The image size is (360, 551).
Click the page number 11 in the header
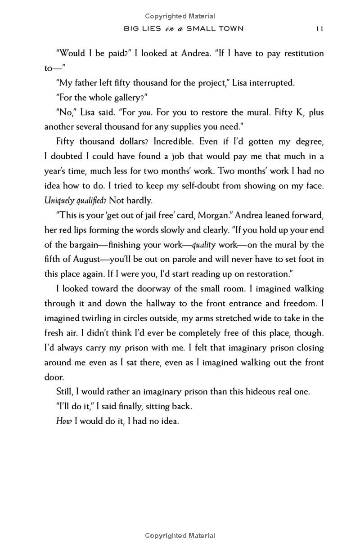click(319, 29)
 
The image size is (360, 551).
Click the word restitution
click(301, 53)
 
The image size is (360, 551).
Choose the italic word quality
click(204, 245)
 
